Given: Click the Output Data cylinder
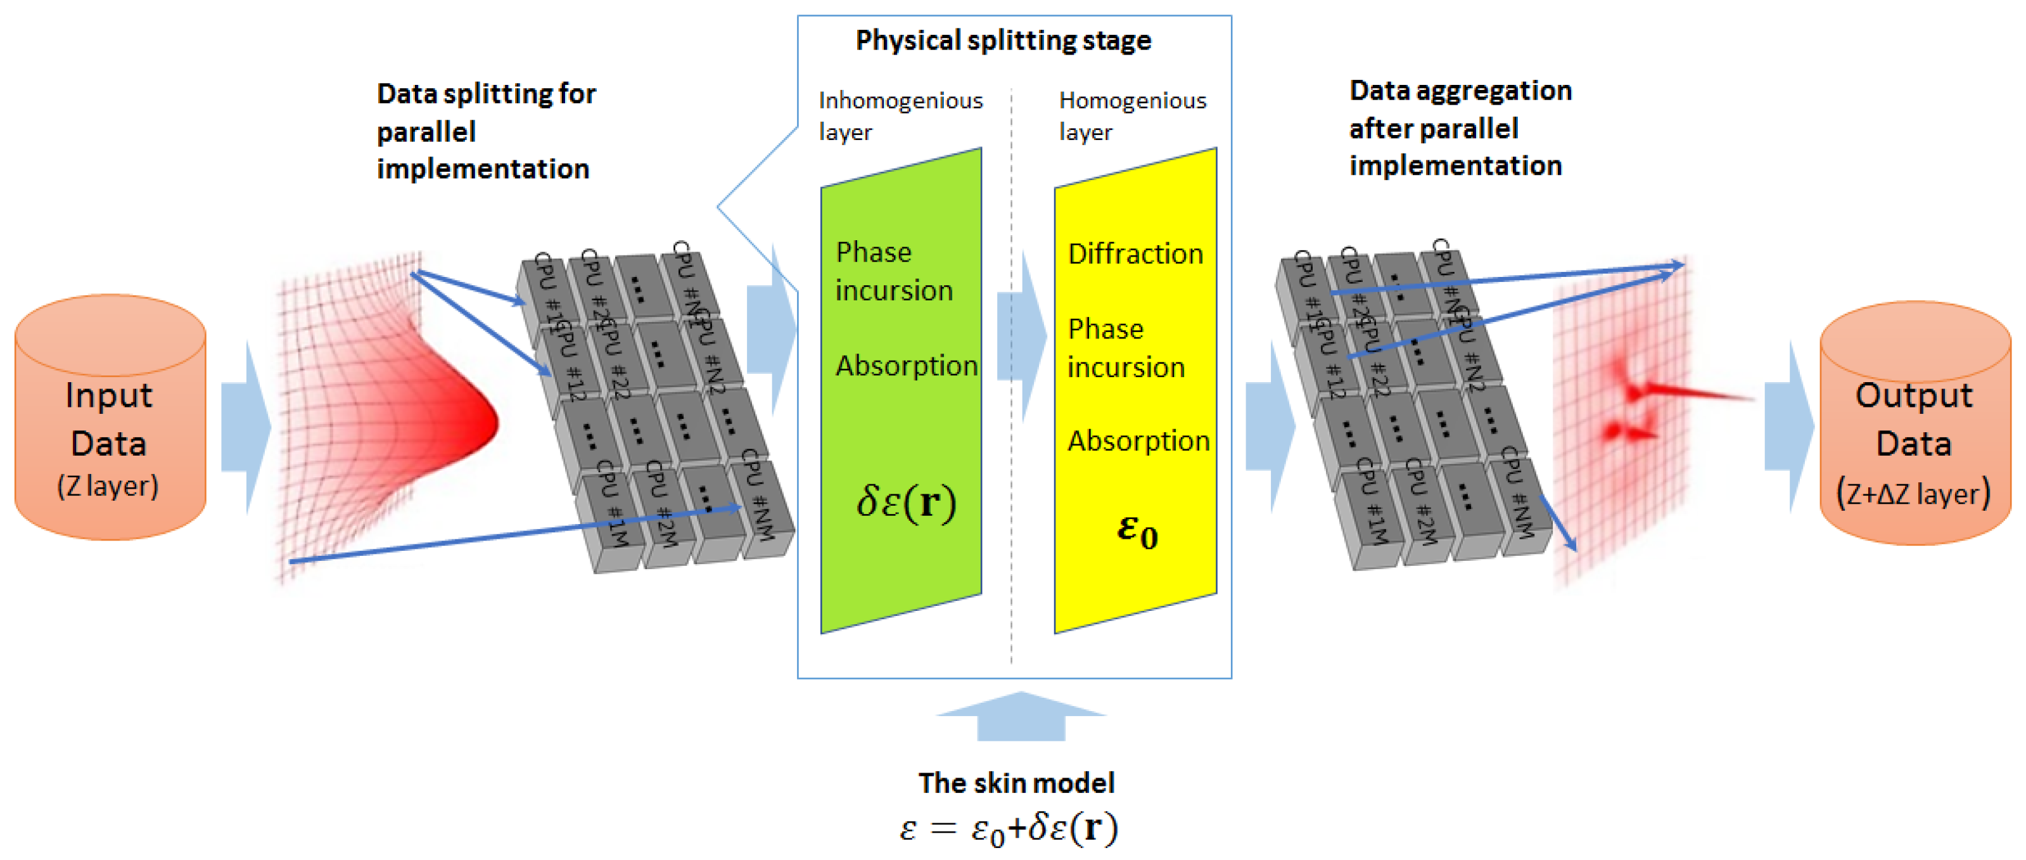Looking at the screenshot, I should [1915, 425].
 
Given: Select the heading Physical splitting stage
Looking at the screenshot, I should [1003, 40].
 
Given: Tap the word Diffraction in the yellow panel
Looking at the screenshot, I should [1135, 254].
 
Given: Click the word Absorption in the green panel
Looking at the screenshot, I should [905, 366].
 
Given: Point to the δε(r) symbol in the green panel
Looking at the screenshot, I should [905, 502].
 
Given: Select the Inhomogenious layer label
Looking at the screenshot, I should [899, 116].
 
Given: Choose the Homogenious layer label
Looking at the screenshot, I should [1131, 116].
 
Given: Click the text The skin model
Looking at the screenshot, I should [1016, 783].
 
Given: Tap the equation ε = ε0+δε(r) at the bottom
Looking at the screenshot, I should [1009, 828].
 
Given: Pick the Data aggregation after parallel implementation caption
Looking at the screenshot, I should [1459, 128].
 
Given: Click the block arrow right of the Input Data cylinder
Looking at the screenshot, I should [246, 427].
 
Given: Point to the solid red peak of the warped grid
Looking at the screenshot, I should [472, 417].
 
